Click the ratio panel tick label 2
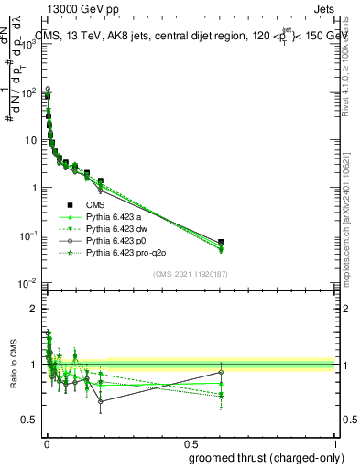(x=33, y=309)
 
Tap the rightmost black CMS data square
(x=323, y=242)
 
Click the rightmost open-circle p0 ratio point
(x=323, y=372)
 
